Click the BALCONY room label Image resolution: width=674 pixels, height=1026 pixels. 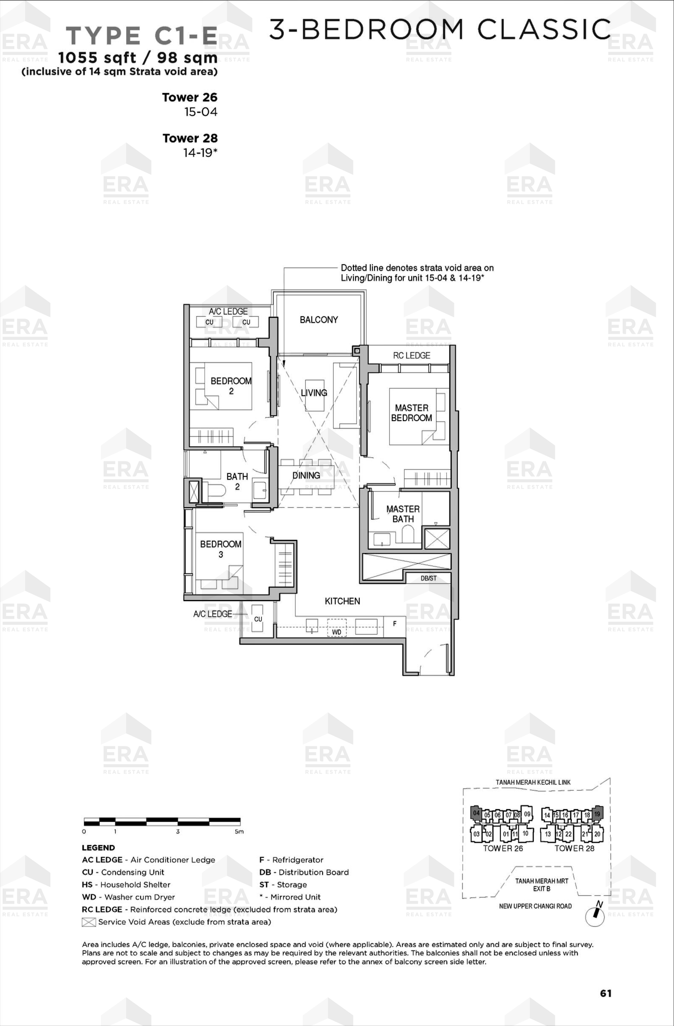319,320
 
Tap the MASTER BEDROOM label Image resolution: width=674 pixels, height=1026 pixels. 412,413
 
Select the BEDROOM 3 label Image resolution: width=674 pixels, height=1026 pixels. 220,549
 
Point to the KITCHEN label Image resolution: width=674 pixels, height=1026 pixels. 342,601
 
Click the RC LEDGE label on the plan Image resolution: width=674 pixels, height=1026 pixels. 412,355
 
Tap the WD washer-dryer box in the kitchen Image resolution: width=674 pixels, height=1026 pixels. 337,628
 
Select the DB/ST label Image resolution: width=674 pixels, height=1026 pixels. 429,578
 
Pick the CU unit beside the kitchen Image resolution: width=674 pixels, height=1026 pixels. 258,618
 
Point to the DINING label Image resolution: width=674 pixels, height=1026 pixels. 306,475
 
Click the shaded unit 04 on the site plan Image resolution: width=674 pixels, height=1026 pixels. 476,813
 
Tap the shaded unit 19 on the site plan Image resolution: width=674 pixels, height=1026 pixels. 597,813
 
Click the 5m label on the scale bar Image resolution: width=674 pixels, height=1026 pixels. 239,832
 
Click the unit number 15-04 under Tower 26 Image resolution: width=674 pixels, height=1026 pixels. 201,112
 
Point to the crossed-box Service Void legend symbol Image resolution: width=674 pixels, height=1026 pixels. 88,922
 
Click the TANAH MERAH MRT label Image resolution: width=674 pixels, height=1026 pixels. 542,881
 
